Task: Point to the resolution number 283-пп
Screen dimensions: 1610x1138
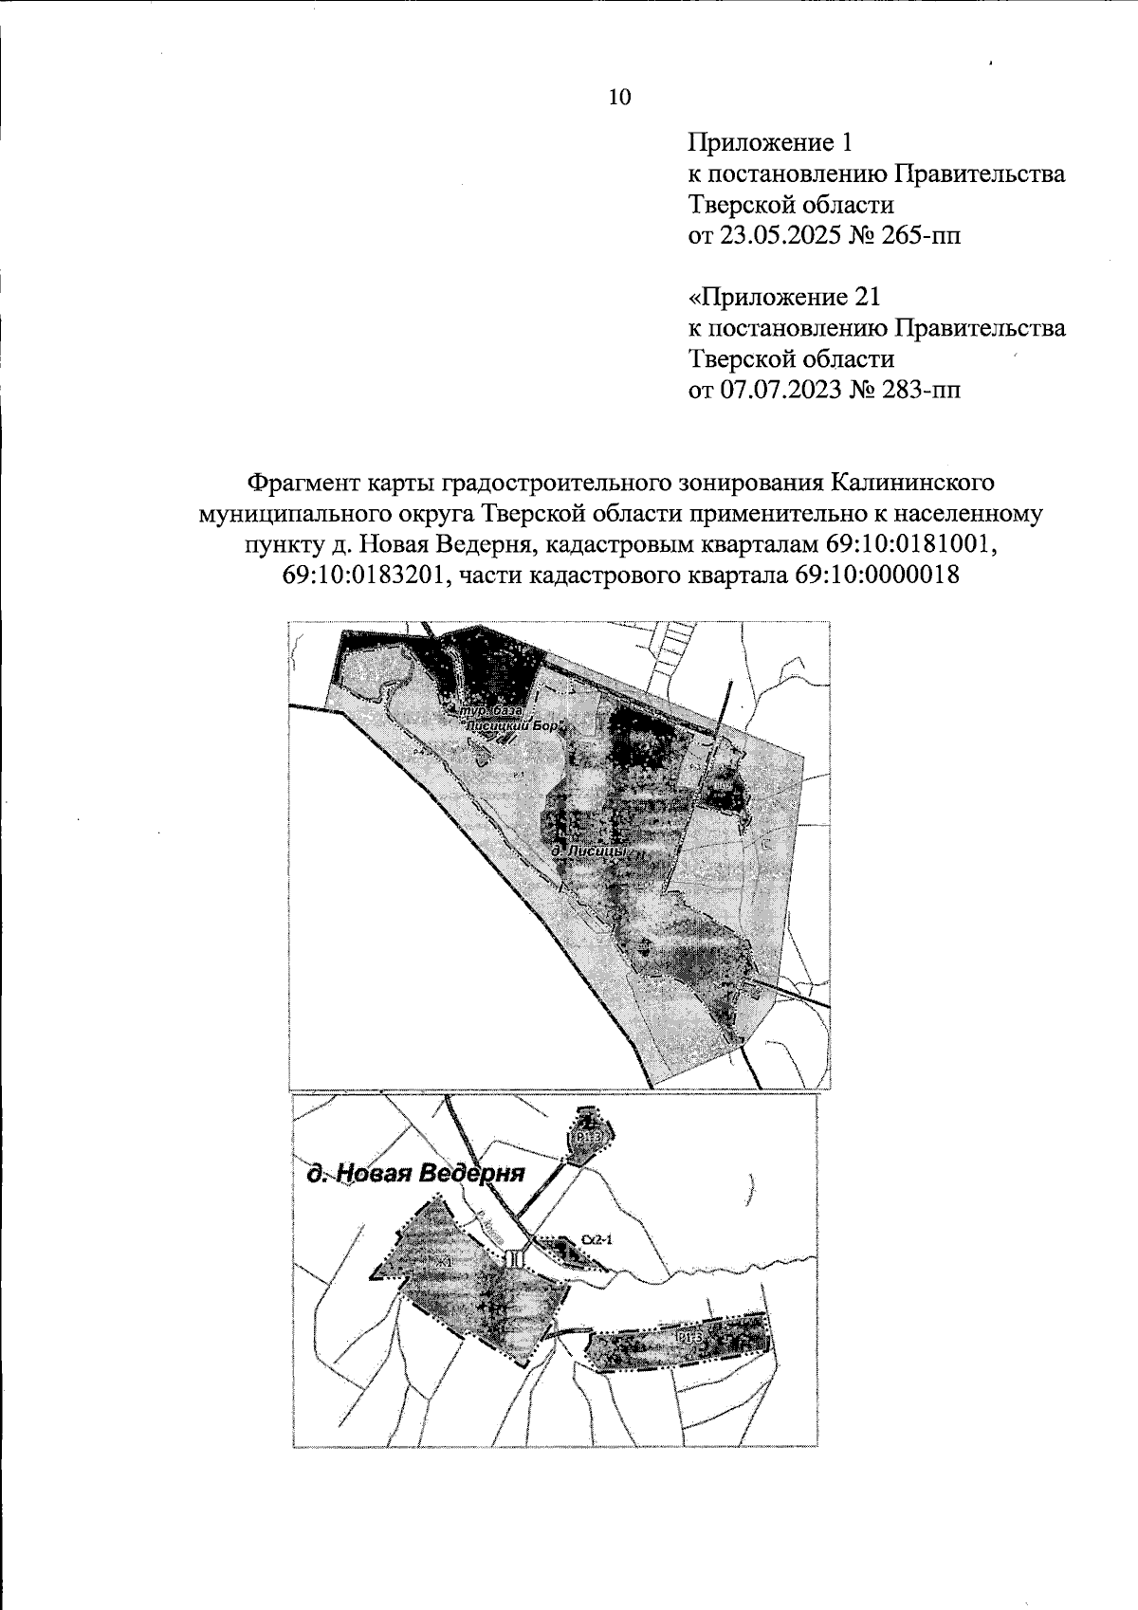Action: [x=914, y=390]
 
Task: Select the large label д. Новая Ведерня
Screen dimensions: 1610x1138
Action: [x=415, y=1174]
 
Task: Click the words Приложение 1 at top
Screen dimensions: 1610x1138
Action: [x=770, y=143]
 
